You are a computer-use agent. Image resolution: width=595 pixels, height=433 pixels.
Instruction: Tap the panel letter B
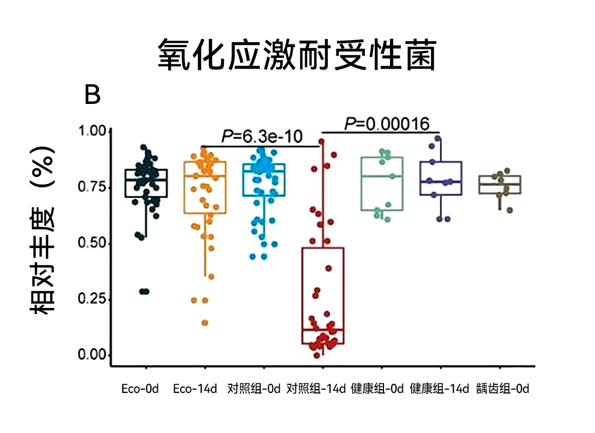coord(92,96)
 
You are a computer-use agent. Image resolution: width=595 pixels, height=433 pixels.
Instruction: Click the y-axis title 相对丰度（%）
coord(43,230)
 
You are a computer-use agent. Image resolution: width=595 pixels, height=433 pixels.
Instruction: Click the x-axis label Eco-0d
coord(140,389)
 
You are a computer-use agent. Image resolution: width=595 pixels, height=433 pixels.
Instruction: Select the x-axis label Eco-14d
coord(195,389)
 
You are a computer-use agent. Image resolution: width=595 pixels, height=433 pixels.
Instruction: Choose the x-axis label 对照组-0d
coord(254,389)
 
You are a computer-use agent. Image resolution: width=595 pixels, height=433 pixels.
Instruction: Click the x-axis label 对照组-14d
coord(315,389)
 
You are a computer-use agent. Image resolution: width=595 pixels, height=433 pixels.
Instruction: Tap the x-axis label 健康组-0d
coord(378,389)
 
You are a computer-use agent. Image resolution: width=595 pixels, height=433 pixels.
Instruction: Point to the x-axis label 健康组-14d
coord(439,389)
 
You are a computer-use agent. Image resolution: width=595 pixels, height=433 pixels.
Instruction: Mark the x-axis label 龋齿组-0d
coord(503,389)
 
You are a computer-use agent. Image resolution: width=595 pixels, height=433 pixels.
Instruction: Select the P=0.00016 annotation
coord(387,124)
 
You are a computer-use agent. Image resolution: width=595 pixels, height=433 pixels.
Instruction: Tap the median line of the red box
coord(323,329)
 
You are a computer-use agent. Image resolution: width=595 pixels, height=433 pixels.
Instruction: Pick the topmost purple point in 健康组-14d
coord(438,139)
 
